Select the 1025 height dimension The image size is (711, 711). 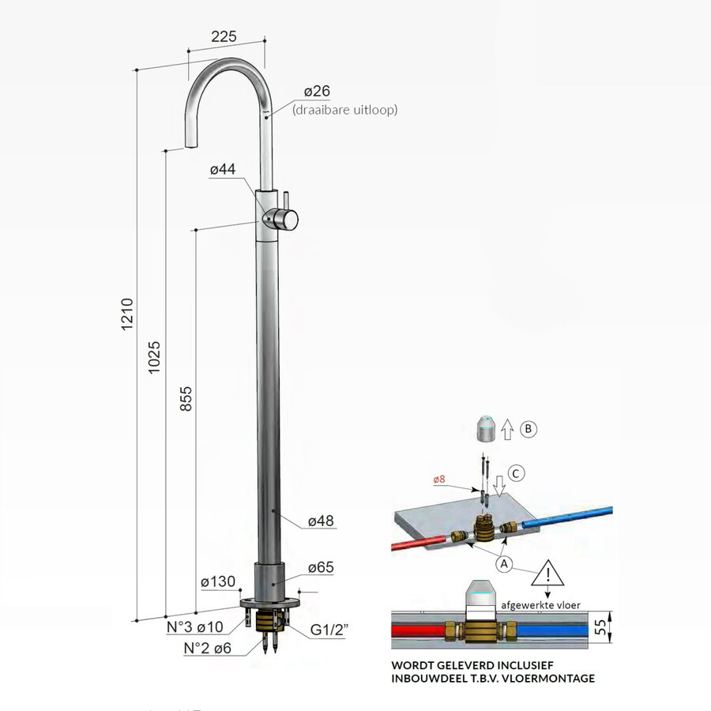point(155,357)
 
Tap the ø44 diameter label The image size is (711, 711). point(225,171)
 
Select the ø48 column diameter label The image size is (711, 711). point(322,521)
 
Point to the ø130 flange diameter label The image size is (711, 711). point(218,582)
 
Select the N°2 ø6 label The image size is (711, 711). point(206,648)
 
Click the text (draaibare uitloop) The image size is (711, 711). point(345,111)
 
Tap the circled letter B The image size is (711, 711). point(529,430)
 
